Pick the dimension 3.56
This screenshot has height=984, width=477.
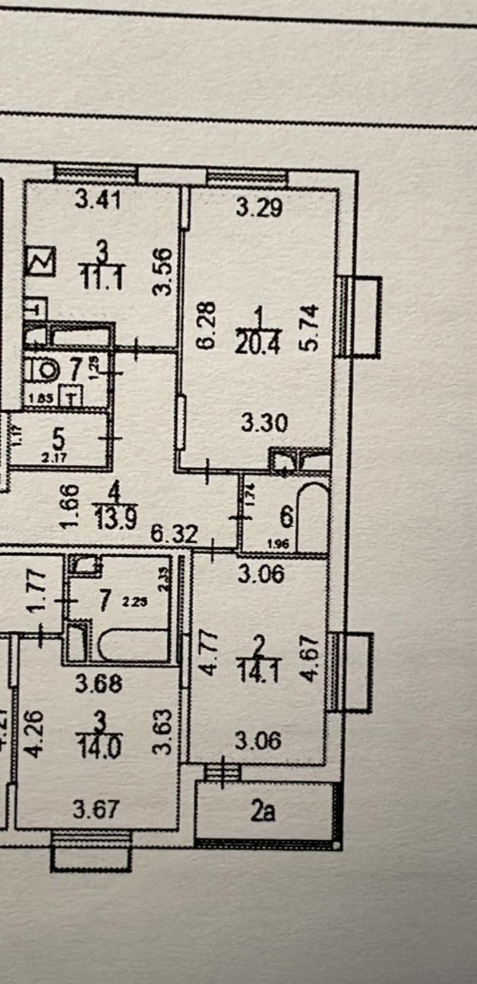click(x=162, y=271)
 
